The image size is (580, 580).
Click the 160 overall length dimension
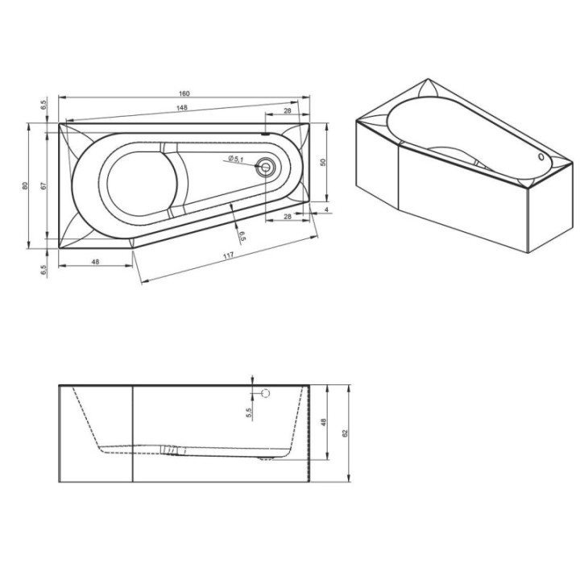[184, 93]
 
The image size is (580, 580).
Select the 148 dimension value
[181, 108]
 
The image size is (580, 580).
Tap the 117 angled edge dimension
[229, 255]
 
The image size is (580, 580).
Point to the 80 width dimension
[25, 186]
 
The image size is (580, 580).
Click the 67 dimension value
[43, 186]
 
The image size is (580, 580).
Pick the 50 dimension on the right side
[323, 162]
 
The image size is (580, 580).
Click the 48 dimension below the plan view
[95, 262]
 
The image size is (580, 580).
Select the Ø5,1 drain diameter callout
[235, 159]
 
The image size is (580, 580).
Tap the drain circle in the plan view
[266, 167]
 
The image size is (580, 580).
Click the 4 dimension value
[326, 209]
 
